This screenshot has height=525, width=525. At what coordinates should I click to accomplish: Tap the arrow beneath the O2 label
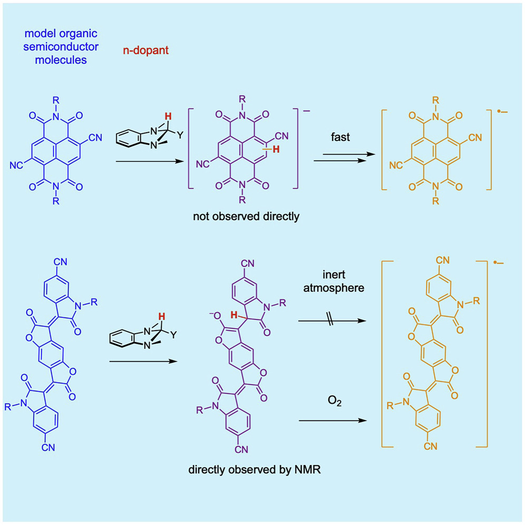click(332, 421)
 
